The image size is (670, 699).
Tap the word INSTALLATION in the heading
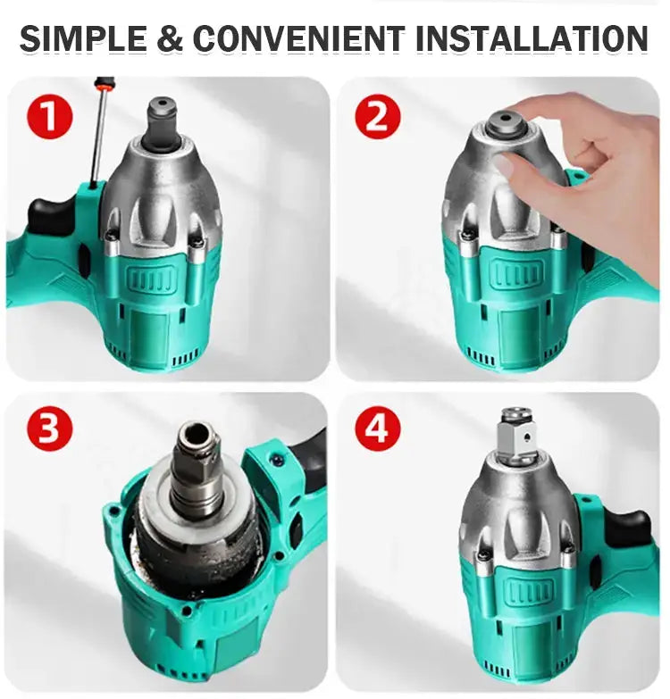tap(531, 38)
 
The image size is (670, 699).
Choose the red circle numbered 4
tap(378, 429)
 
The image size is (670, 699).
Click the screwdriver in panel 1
tap(100, 134)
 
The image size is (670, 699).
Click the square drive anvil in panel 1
tap(162, 116)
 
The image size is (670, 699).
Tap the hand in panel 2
tap(590, 170)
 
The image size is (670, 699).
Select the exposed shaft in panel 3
tap(196, 464)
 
